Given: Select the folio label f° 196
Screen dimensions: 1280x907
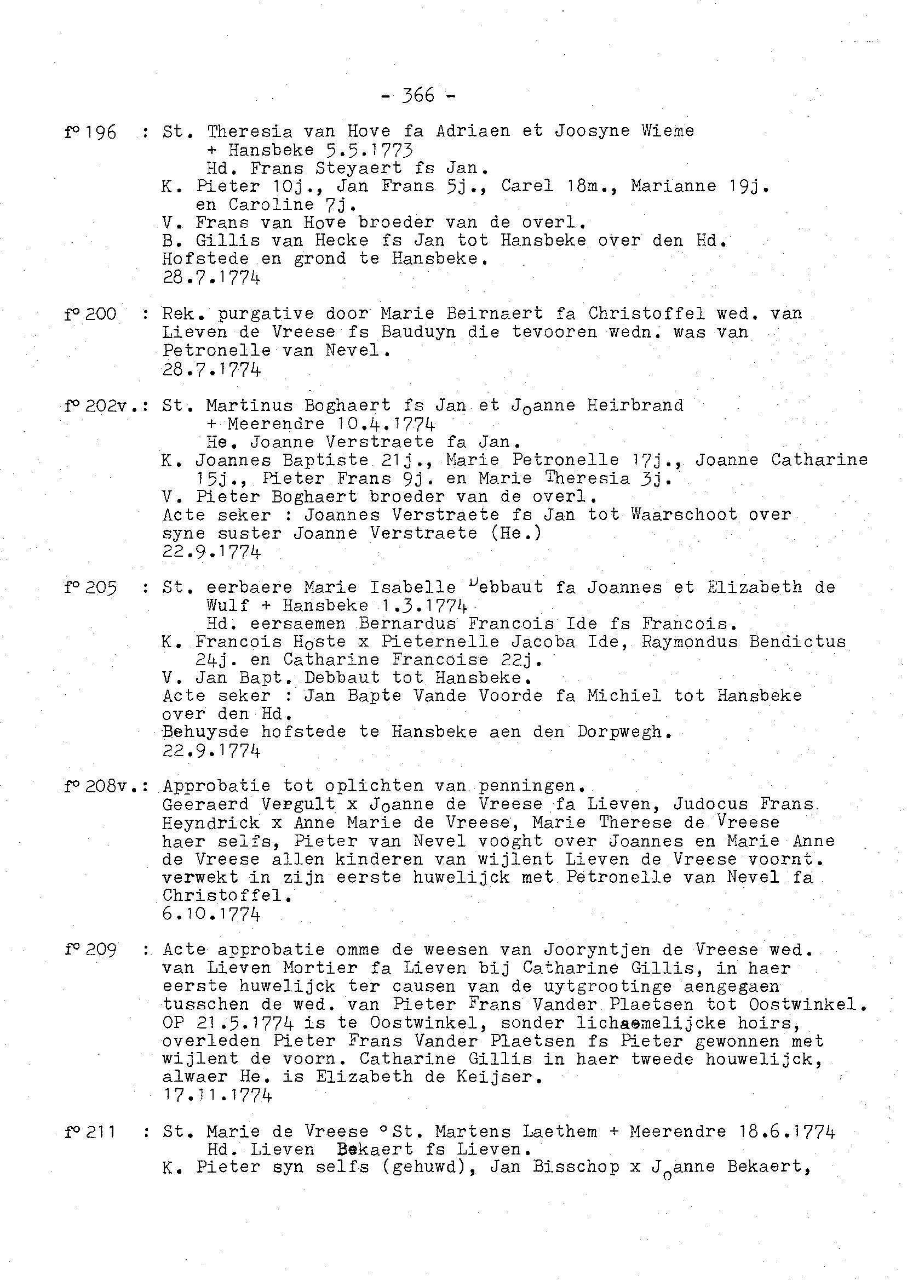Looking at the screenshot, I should [x=90, y=133].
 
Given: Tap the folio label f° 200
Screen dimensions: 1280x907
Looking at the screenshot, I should [x=90, y=314].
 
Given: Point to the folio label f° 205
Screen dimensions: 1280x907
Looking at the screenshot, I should [x=90, y=588].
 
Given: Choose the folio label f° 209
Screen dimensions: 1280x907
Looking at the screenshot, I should [x=90, y=950].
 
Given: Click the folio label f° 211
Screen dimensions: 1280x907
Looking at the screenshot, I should [x=90, y=1132].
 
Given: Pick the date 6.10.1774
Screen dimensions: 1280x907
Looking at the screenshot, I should [x=211, y=914].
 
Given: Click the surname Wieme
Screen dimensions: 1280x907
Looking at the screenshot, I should [x=668, y=132].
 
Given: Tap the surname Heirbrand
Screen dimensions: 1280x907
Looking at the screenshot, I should [x=635, y=405].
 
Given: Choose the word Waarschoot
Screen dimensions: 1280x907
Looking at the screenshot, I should [x=684, y=515].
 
